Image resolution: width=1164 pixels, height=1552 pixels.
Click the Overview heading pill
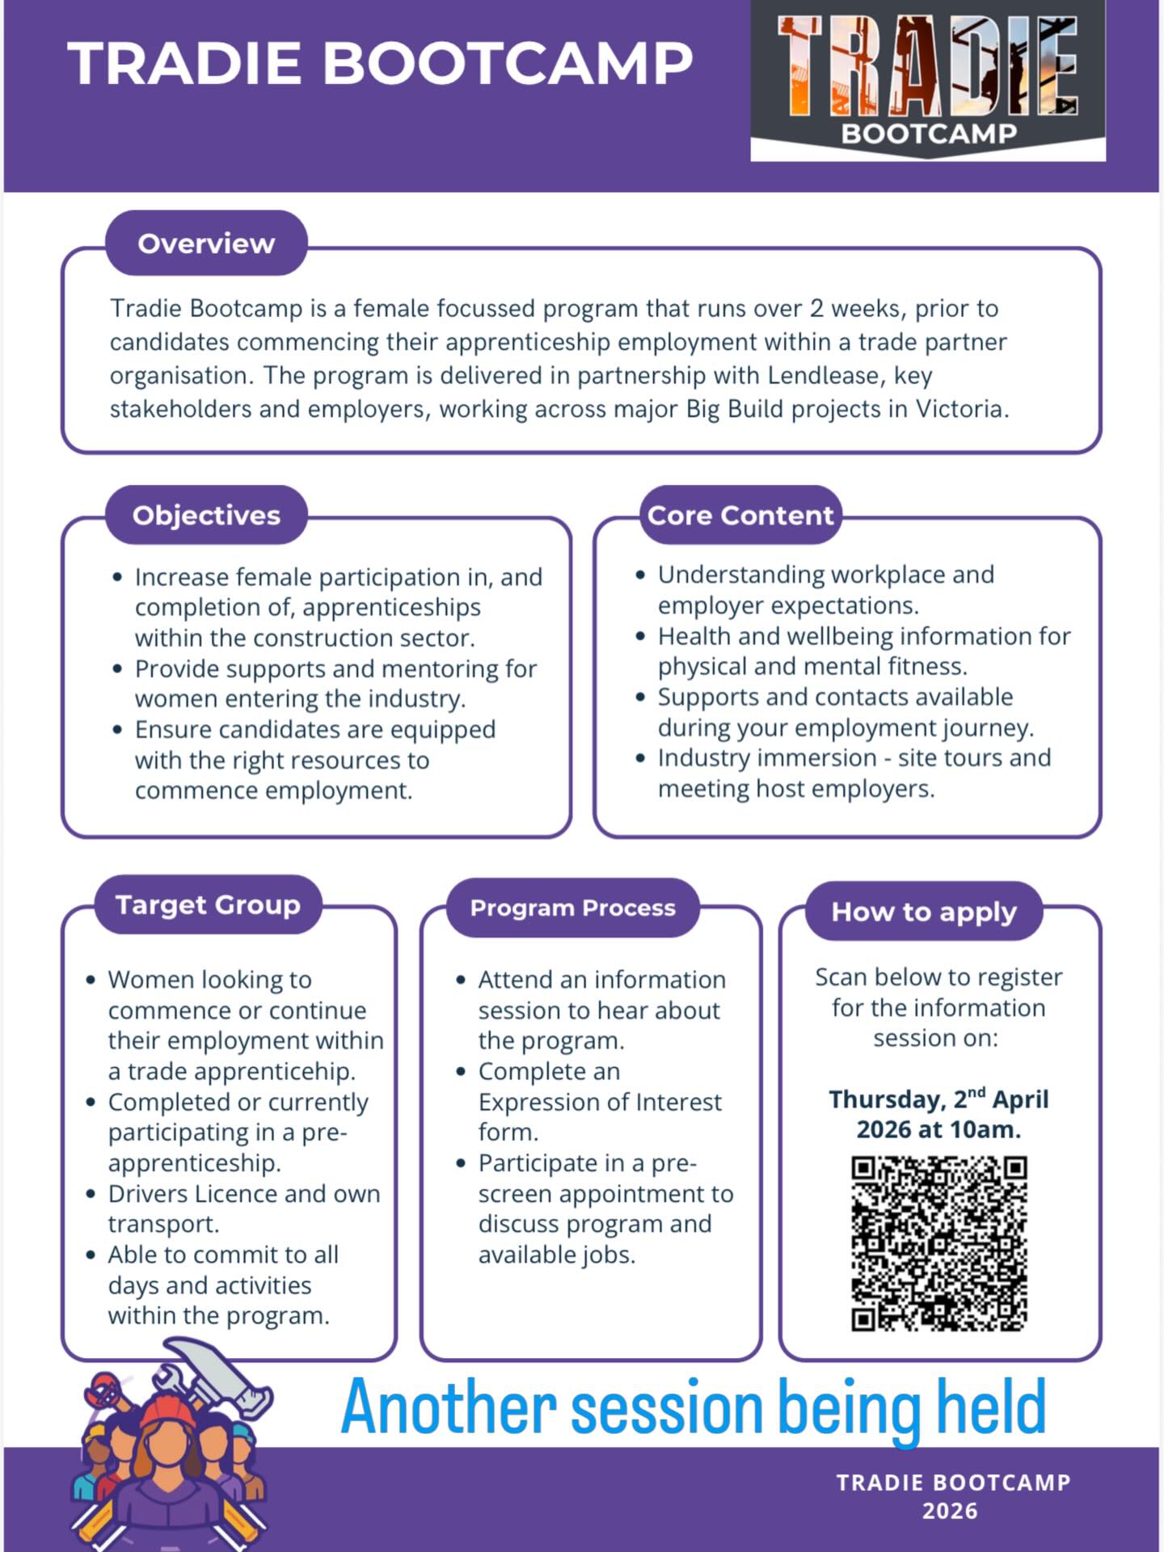[x=206, y=243]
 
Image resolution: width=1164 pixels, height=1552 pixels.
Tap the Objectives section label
[x=206, y=515]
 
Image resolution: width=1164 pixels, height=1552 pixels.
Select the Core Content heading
[x=740, y=515]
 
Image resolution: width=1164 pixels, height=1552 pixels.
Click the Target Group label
[x=208, y=905]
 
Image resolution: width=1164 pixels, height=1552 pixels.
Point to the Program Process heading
[x=572, y=908]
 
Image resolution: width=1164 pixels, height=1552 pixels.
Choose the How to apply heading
[x=924, y=912]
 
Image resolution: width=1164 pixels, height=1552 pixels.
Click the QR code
[x=938, y=1243]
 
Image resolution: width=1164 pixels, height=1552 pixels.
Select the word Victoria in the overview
[x=959, y=409]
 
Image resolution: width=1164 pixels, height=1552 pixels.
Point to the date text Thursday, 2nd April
[x=938, y=1099]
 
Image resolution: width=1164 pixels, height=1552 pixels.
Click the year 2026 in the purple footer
[x=950, y=1511]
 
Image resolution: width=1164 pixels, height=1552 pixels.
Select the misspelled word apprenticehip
[x=280, y=1072]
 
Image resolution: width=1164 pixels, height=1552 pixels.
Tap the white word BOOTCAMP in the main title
[x=508, y=64]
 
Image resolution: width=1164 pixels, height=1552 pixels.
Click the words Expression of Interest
[x=600, y=1102]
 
